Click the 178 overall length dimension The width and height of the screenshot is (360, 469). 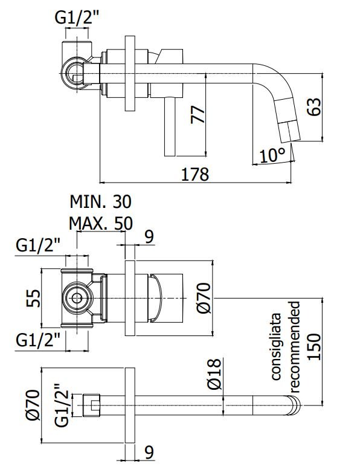[x=195, y=174]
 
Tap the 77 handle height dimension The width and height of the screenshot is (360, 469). [x=198, y=114]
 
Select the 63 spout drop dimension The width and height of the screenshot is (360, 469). [x=314, y=106]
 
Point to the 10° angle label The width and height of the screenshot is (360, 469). [x=272, y=155]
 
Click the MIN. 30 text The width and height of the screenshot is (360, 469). [x=100, y=202]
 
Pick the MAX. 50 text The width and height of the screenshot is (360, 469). [x=101, y=223]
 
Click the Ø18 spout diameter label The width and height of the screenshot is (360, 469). [x=214, y=375]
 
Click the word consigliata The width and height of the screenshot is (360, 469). [x=276, y=346]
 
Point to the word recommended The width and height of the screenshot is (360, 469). [x=294, y=346]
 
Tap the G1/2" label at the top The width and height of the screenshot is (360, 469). [x=77, y=18]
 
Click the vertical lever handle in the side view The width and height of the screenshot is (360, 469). [x=170, y=127]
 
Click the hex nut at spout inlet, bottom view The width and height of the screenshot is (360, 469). [x=91, y=406]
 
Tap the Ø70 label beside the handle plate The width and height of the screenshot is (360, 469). [x=205, y=298]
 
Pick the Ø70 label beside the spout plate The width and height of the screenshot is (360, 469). [x=33, y=405]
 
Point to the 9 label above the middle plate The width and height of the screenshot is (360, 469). [x=149, y=236]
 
